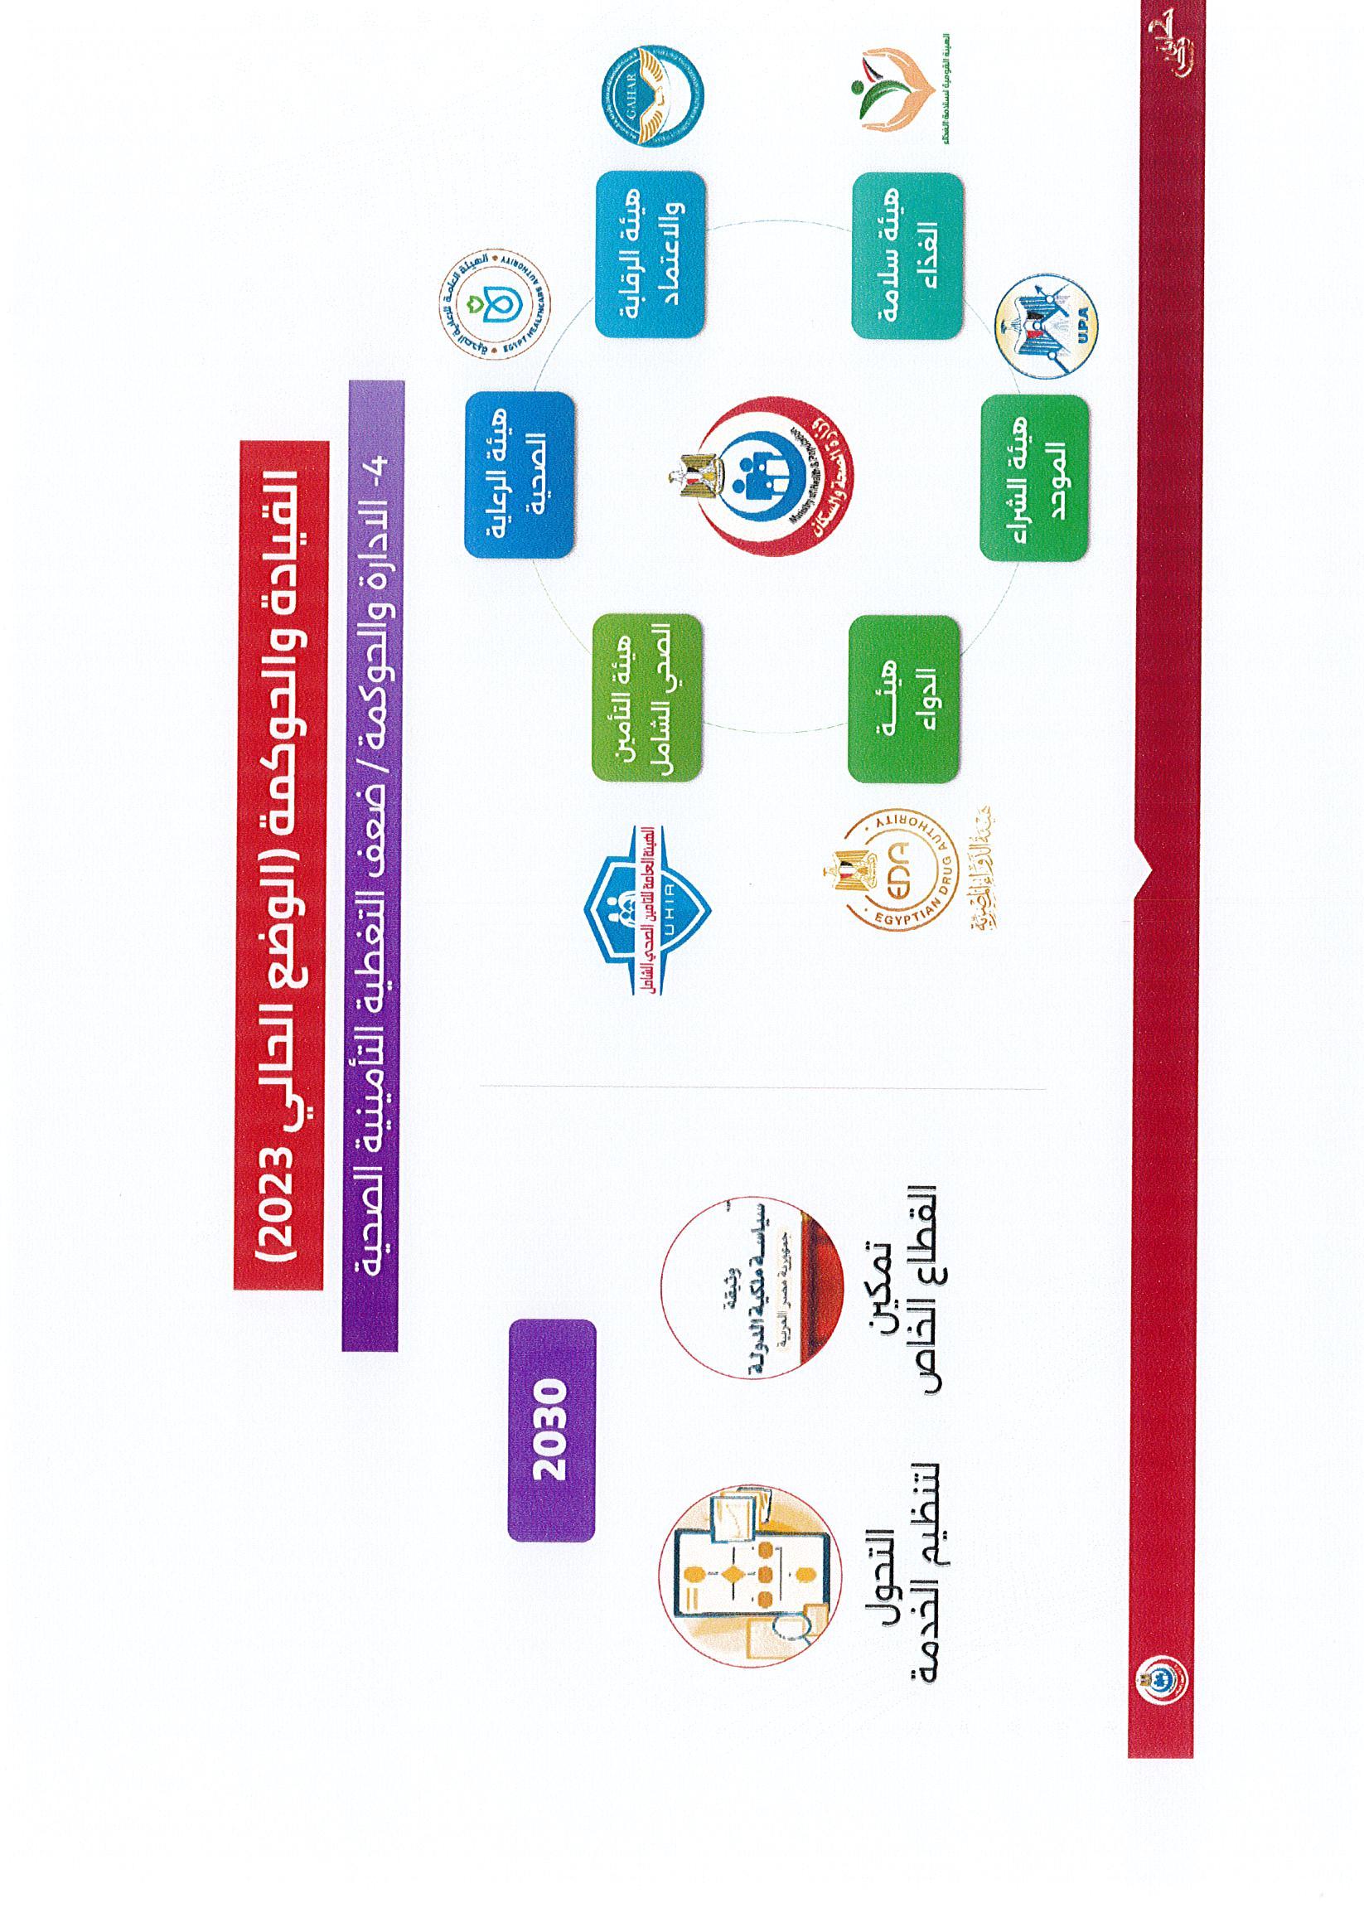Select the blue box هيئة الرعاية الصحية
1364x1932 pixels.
coord(520,475)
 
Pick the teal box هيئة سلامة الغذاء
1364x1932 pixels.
coord(906,256)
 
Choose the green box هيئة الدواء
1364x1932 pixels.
coord(903,699)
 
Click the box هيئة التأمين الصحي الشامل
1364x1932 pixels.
coord(646,699)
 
